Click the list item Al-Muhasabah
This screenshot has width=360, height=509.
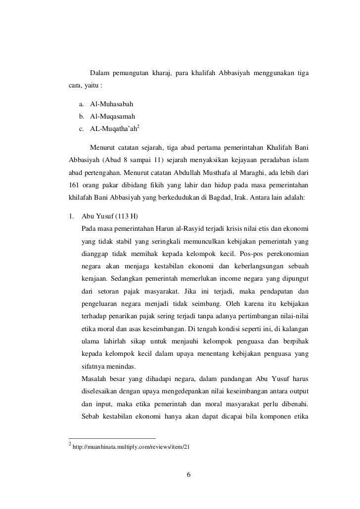tap(111, 105)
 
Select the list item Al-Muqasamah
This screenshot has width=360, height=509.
tap(113, 117)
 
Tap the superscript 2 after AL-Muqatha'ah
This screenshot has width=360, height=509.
tap(138, 127)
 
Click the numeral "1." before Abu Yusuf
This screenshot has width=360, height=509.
tap(72, 216)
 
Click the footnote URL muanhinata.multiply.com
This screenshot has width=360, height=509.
tap(131, 447)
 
